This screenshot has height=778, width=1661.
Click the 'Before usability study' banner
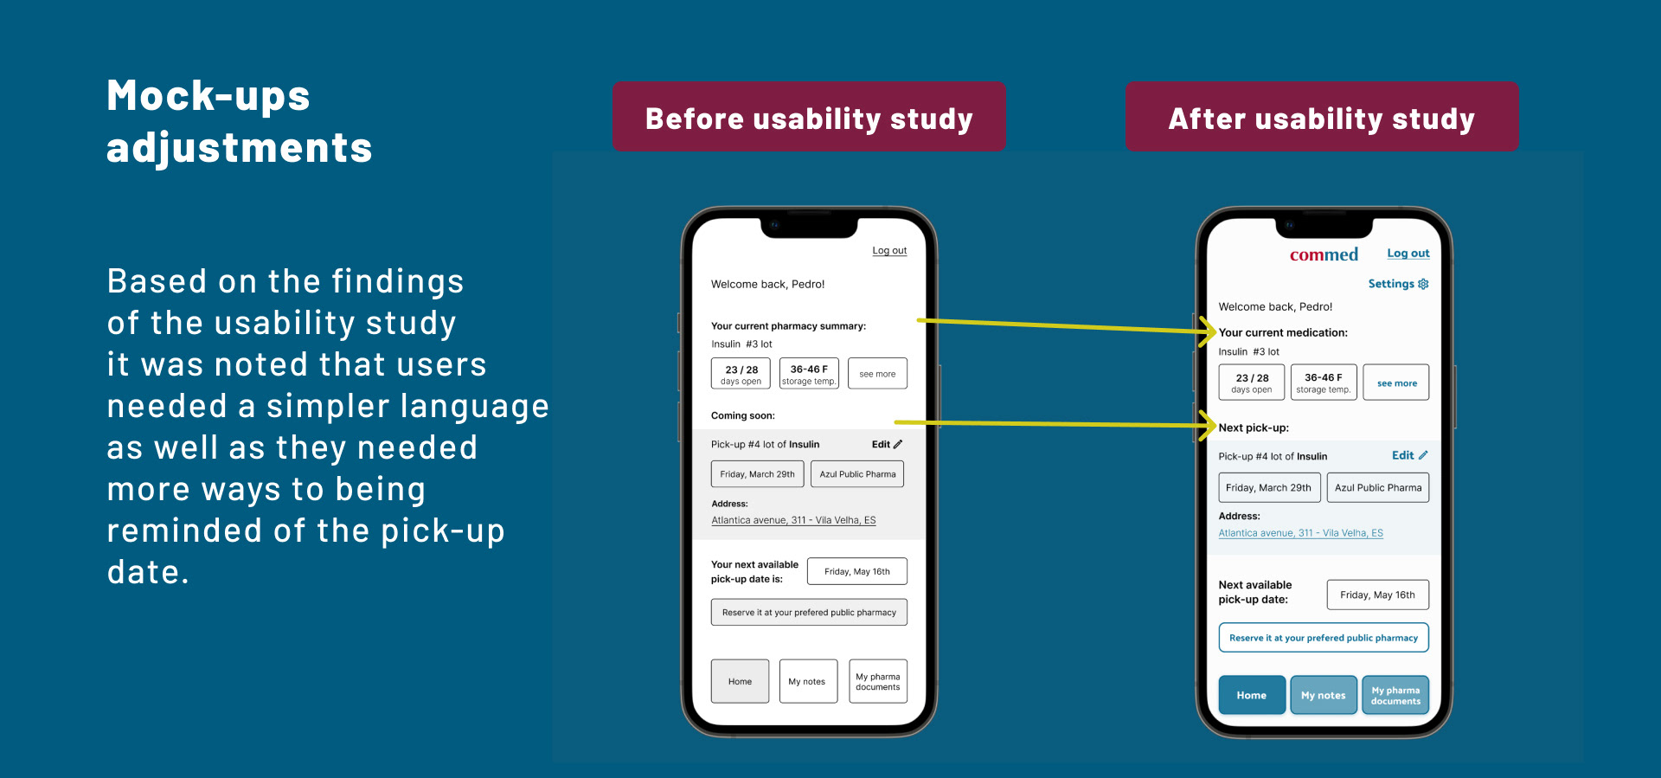(809, 117)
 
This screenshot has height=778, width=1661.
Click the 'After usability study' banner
(1321, 117)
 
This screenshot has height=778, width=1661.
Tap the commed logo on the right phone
(1324, 254)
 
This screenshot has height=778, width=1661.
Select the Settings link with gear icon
(1398, 284)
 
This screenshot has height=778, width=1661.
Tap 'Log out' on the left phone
(889, 250)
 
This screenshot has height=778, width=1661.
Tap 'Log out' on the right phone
(1408, 254)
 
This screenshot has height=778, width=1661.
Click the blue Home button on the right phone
(1251, 695)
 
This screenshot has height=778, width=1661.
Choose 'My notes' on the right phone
(1323, 695)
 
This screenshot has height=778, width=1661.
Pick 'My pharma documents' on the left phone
(877, 682)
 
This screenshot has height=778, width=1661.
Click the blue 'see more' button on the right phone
(1396, 383)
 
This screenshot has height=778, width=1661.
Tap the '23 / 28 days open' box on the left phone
(741, 374)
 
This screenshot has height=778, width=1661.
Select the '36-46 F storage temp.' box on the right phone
(1323, 383)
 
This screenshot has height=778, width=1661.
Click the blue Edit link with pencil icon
(1409, 455)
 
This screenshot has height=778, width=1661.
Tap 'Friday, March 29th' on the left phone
(757, 474)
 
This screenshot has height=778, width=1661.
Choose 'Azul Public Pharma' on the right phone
(1377, 487)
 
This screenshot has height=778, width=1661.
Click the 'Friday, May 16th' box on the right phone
(1377, 595)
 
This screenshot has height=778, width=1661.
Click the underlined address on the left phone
(793, 520)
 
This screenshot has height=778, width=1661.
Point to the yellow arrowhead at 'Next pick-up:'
(1209, 425)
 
